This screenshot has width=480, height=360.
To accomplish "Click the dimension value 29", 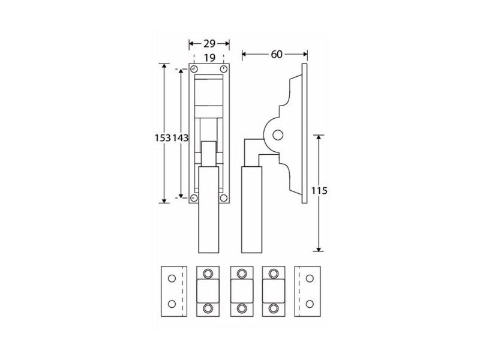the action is click(209, 44).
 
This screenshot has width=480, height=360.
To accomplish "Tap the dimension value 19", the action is click(209, 58).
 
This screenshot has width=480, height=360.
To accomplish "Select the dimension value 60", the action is click(277, 54).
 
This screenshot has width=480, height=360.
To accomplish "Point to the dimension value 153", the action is click(162, 138).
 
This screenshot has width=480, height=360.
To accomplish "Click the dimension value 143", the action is click(181, 138).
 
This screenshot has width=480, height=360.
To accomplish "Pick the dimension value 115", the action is click(319, 191).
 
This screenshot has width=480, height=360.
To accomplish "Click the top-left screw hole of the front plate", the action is click(194, 69).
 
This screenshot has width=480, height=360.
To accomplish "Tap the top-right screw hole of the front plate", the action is click(224, 69).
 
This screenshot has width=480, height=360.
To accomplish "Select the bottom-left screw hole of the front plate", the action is click(194, 199).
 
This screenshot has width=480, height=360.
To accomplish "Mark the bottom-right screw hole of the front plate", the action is click(224, 199).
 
